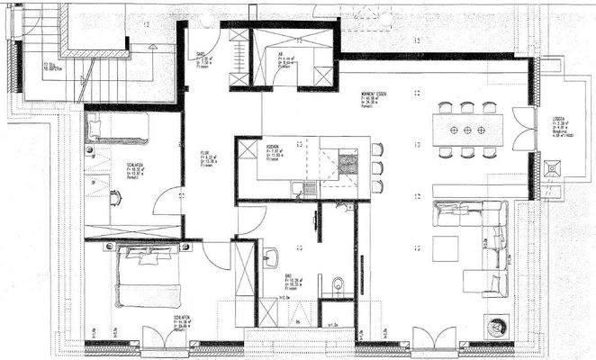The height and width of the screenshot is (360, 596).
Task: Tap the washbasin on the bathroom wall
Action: pyautogui.click(x=269, y=261)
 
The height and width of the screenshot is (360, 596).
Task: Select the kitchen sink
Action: pyautogui.click(x=308, y=188)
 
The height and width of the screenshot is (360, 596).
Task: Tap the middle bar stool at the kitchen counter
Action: pyautogui.click(x=376, y=166)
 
